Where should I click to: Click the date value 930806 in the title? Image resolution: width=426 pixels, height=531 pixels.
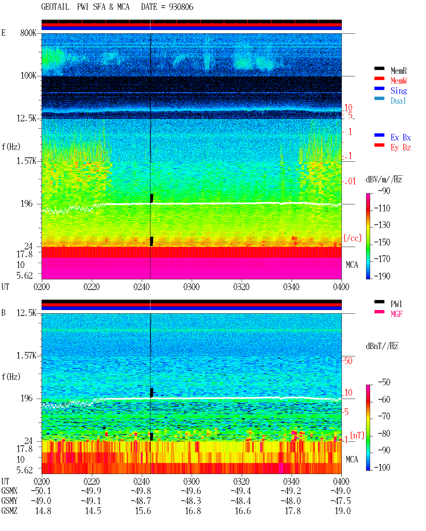click(x=181, y=7)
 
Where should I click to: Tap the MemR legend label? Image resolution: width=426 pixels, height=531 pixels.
click(x=398, y=71)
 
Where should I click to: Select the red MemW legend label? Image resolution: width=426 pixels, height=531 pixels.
click(x=398, y=81)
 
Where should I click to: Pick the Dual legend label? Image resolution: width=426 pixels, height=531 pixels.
click(x=398, y=101)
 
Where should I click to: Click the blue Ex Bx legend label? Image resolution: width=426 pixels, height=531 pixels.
click(x=400, y=137)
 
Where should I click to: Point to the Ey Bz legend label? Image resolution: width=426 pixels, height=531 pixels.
click(x=400, y=148)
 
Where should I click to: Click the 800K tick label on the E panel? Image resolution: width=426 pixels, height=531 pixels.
click(x=28, y=33)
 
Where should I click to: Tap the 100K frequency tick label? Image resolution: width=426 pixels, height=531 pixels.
click(x=28, y=76)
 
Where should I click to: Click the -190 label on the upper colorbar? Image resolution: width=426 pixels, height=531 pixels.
click(x=382, y=276)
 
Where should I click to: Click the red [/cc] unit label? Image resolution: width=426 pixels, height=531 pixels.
click(x=352, y=238)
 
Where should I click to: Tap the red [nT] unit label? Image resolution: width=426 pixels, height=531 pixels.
click(x=357, y=435)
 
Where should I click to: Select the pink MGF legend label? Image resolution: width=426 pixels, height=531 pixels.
click(x=396, y=314)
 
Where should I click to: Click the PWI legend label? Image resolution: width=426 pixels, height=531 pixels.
click(x=396, y=304)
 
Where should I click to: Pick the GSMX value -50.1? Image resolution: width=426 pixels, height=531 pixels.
click(x=41, y=491)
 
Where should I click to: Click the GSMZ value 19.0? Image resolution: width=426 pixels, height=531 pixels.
click(x=342, y=511)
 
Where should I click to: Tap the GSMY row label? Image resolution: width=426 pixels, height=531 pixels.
click(x=9, y=501)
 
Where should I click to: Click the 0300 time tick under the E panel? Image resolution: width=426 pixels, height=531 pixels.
click(x=191, y=287)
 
